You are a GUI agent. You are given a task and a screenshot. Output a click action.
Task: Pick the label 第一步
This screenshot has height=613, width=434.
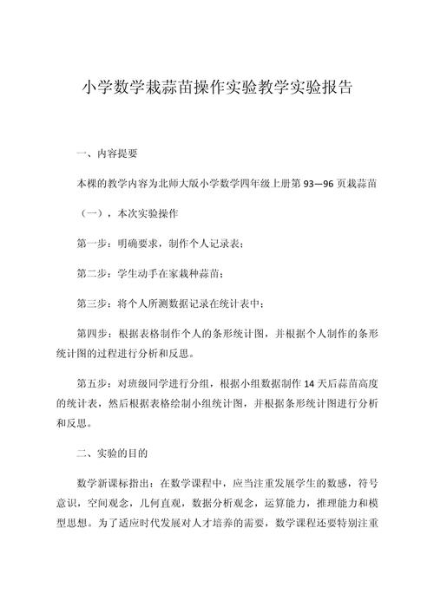[95, 245]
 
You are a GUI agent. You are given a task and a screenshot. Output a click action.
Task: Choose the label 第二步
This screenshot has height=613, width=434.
[95, 274]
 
